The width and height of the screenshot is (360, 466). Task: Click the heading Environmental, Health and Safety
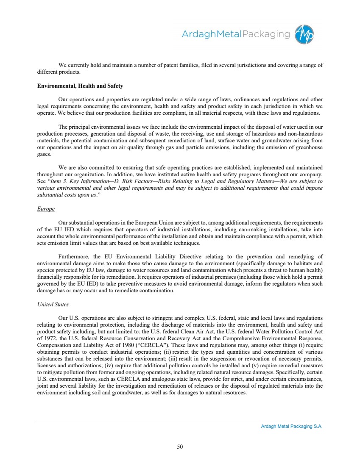pos(80,86)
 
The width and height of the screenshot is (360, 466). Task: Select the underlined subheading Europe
pos(46,209)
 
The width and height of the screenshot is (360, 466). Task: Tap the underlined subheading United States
pos(53,304)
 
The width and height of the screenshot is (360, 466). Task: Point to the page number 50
pos(180,446)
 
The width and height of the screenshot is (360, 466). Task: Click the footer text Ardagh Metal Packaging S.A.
pos(292,427)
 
